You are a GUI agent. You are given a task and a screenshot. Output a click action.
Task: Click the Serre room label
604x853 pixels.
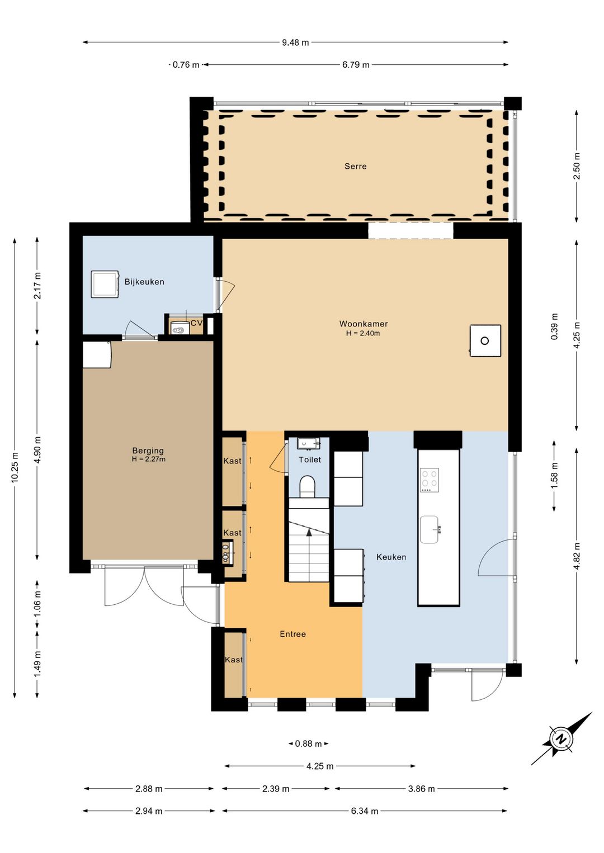pyautogui.click(x=355, y=167)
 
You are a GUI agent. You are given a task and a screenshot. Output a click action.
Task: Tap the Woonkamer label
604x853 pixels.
pyautogui.click(x=364, y=324)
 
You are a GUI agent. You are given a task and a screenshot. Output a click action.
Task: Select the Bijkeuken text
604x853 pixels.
pyautogui.click(x=144, y=282)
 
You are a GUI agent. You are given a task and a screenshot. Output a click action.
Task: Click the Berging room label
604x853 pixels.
pyautogui.click(x=148, y=451)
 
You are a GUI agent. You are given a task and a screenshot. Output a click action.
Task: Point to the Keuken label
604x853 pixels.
pyautogui.click(x=391, y=557)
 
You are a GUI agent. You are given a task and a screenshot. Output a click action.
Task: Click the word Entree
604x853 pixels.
pyautogui.click(x=292, y=634)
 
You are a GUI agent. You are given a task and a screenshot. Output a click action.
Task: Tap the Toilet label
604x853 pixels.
pyautogui.click(x=310, y=459)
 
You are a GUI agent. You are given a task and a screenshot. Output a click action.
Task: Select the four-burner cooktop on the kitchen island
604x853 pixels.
pyautogui.click(x=430, y=480)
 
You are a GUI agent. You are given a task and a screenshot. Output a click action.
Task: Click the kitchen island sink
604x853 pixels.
pyautogui.click(x=430, y=529)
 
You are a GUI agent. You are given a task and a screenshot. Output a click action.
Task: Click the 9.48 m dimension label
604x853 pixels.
pyautogui.click(x=295, y=42)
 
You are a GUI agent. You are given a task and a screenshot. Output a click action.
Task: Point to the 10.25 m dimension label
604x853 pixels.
pyautogui.click(x=15, y=467)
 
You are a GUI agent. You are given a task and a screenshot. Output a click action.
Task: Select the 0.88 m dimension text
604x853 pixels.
pyautogui.click(x=308, y=743)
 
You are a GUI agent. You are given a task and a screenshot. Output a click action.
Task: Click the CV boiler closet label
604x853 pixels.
pyautogui.click(x=196, y=323)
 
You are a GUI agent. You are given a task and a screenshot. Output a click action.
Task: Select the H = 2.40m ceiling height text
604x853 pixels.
pyautogui.click(x=363, y=334)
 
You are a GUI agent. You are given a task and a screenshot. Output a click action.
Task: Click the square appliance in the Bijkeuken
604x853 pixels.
pyautogui.click(x=105, y=284)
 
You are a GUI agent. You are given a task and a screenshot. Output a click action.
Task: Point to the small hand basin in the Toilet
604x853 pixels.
pyautogui.click(x=308, y=444)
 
